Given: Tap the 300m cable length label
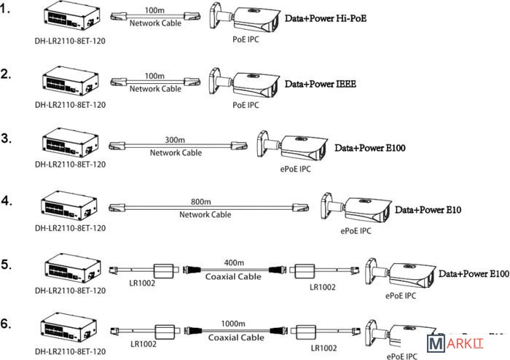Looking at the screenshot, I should pos(175,140).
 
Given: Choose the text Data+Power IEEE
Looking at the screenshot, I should pos(320,85).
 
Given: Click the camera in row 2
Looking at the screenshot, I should pos(245,83).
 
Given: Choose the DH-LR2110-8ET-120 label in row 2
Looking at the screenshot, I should pos(70,104).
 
